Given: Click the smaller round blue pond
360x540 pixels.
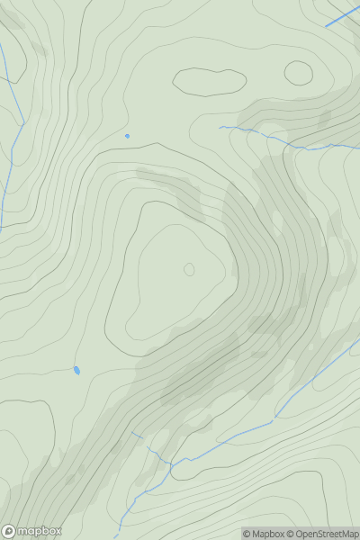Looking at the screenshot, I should [127, 136].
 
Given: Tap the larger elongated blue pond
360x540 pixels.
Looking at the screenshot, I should [76, 369].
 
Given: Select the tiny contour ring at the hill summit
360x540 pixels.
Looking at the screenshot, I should [189, 269].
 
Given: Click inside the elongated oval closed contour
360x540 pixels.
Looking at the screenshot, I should [210, 81].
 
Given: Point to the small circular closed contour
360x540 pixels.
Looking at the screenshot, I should [299, 73].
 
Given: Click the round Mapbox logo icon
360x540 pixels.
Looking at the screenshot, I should [9, 531].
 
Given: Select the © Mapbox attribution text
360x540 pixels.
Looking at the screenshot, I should [265, 534].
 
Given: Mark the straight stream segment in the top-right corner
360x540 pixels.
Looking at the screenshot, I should [341, 17].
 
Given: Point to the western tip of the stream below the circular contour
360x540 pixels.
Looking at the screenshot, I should [220, 128].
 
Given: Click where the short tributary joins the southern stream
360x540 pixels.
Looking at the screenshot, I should [169, 463].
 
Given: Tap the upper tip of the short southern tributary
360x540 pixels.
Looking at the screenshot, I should [132, 433].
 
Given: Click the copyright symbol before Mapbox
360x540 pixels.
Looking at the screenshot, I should [247, 534].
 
